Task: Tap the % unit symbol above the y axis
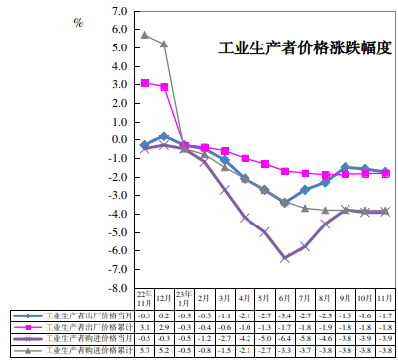pyautogui.click(x=78, y=21)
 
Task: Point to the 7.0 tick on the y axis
pyautogui.click(x=120, y=11)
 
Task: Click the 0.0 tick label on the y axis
pyautogui.click(x=120, y=140)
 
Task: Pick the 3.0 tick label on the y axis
pyautogui.click(x=120, y=85)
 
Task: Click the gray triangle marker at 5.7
pyautogui.click(x=145, y=35)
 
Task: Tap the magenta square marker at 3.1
pyautogui.click(x=145, y=83)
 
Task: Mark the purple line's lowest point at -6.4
pyautogui.click(x=285, y=258)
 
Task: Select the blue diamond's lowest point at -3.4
pyautogui.click(x=285, y=203)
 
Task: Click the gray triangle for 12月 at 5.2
pyautogui.click(x=164, y=45)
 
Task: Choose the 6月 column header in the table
pyautogui.click(x=285, y=298)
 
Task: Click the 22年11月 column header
pyautogui.click(x=145, y=298)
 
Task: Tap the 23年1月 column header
pyautogui.click(x=185, y=298)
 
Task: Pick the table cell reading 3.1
pyautogui.click(x=145, y=325)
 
